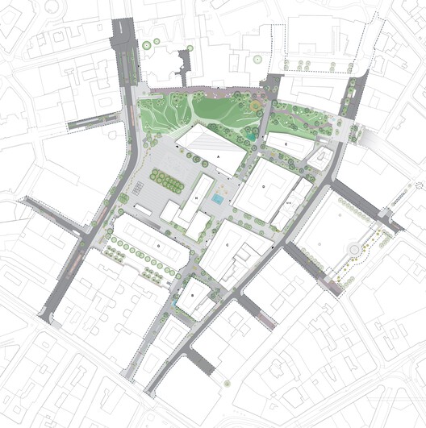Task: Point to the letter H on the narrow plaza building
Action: coord(196,198)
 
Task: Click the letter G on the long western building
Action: coord(160,243)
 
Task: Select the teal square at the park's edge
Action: coord(253,137)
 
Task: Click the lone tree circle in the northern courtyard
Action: coord(257,60)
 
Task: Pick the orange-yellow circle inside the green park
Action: coord(256,104)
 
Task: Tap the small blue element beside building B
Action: coord(176,302)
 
